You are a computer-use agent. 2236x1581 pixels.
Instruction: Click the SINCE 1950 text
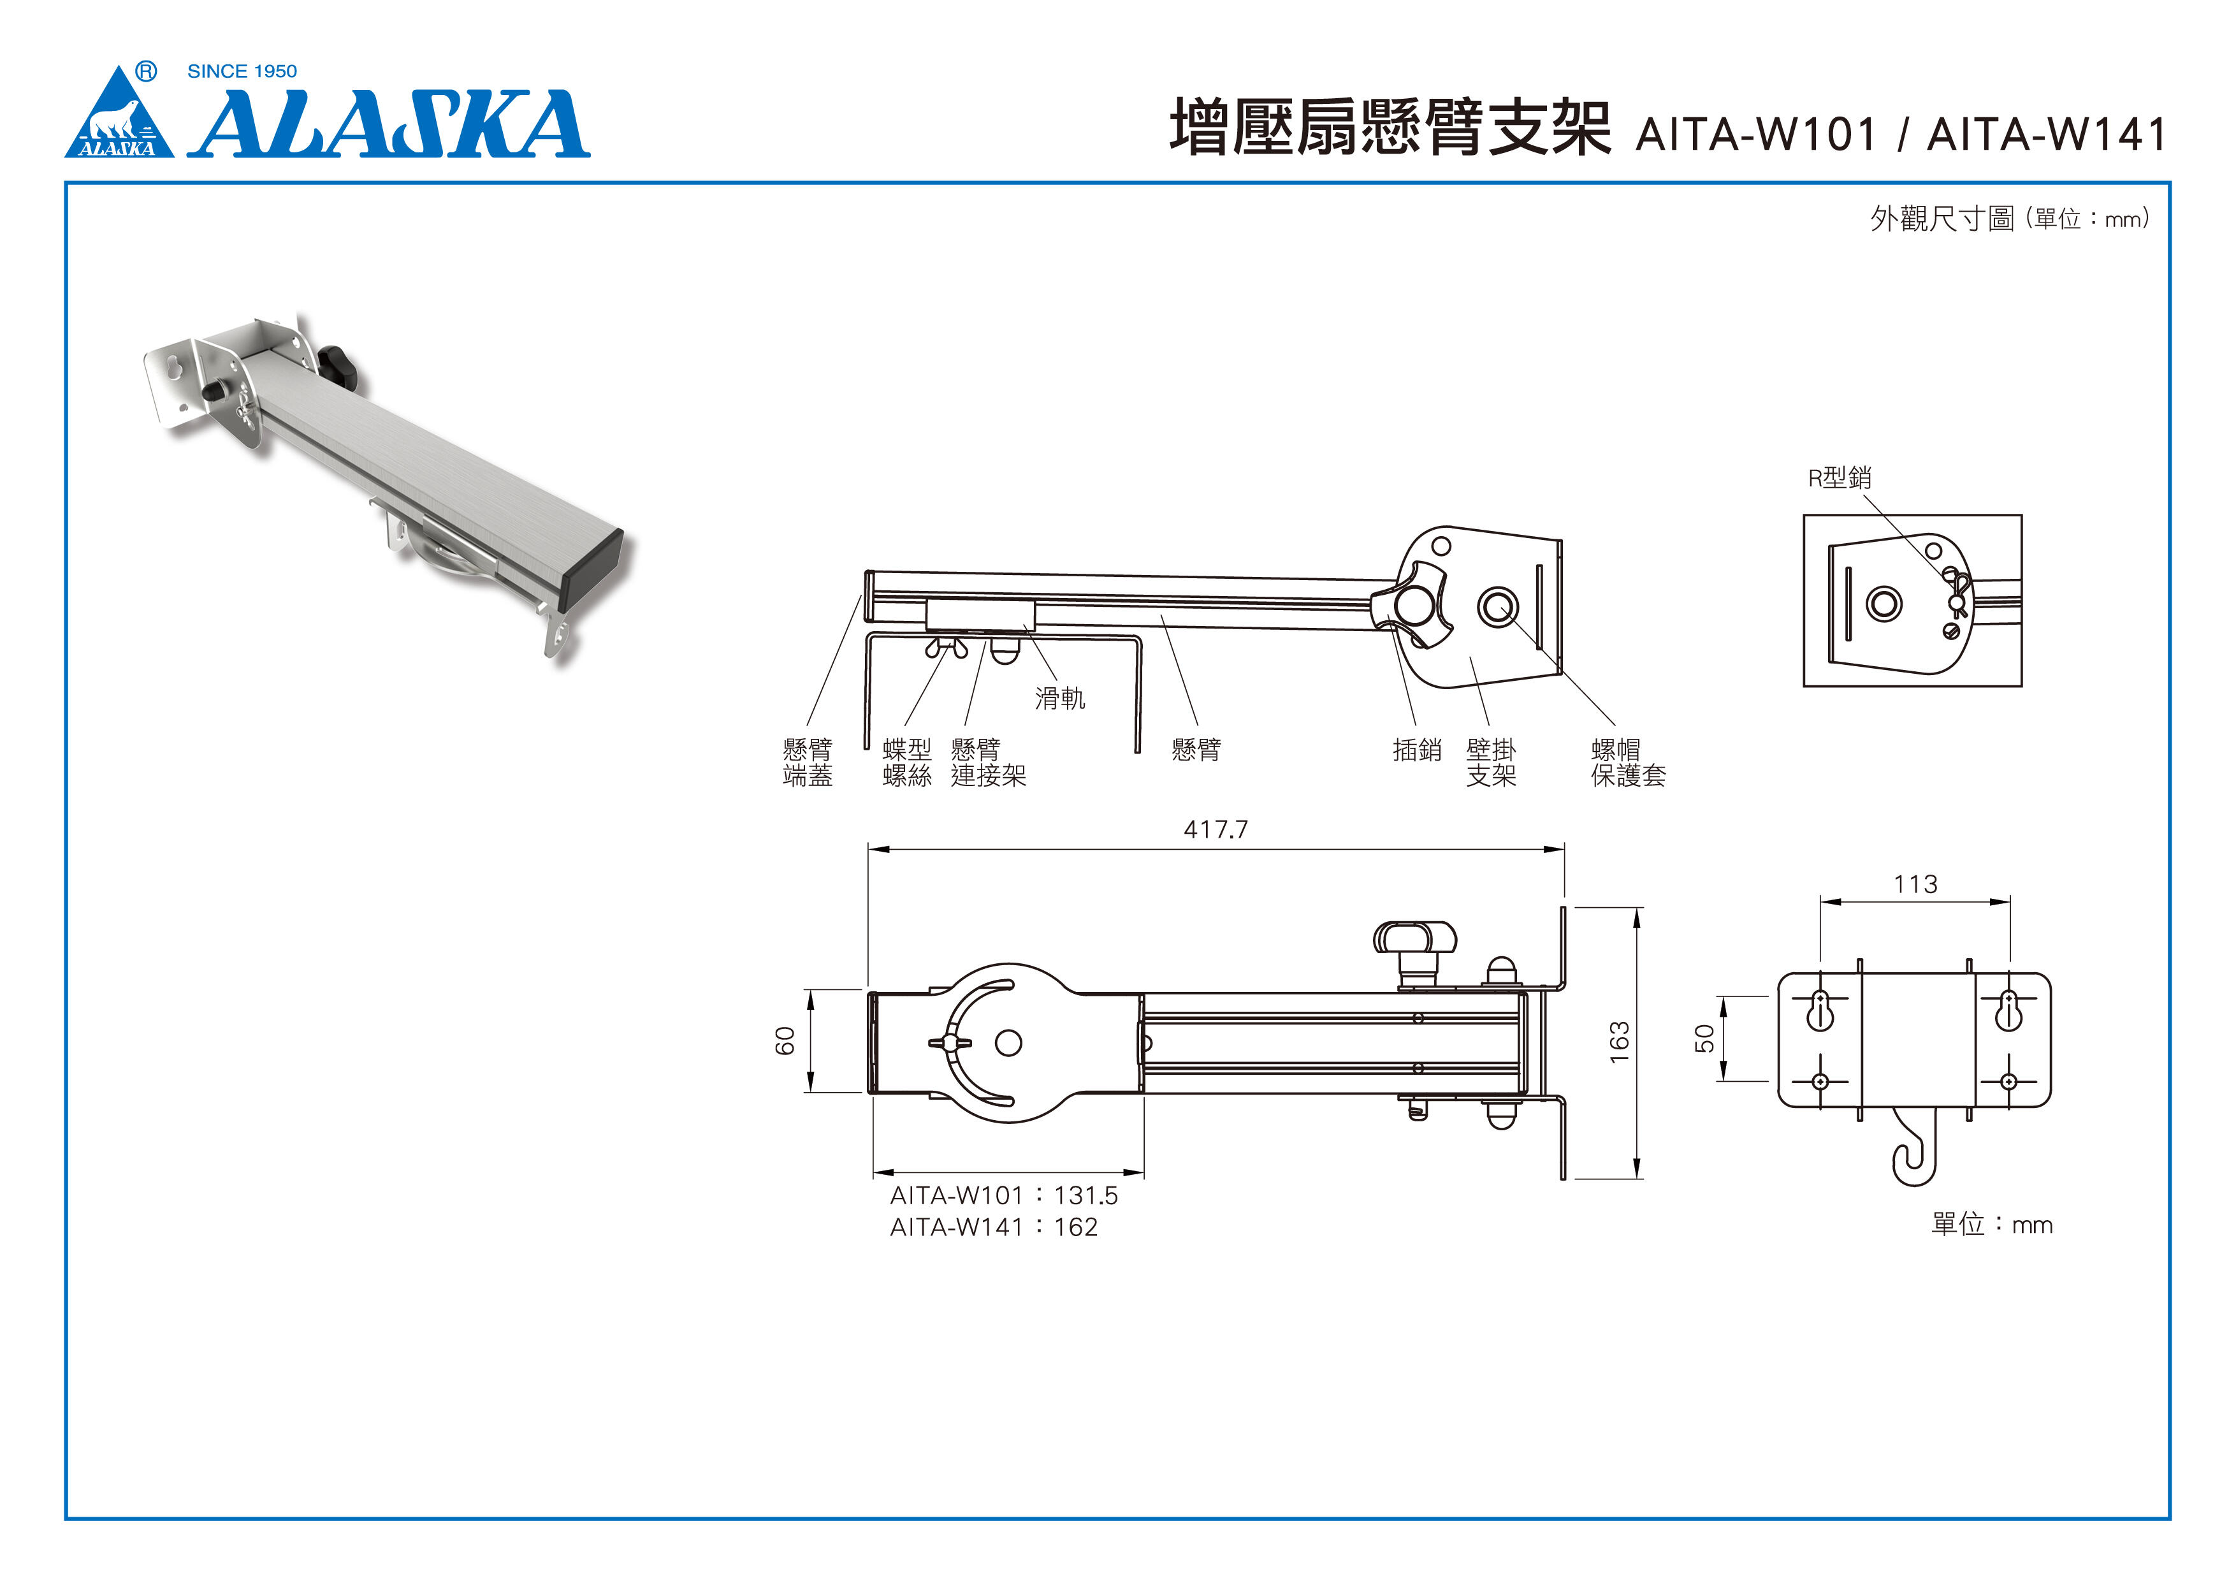[x=242, y=71]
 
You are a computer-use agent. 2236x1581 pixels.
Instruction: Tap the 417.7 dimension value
[x=1216, y=829]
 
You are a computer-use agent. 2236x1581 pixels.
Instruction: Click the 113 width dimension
[x=1915, y=884]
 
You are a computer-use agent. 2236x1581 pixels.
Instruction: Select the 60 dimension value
[x=785, y=1040]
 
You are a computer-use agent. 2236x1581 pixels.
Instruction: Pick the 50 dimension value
[x=1705, y=1038]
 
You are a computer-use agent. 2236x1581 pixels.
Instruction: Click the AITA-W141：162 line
[x=993, y=1227]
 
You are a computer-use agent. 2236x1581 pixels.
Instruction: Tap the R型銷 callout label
[x=1840, y=477]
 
